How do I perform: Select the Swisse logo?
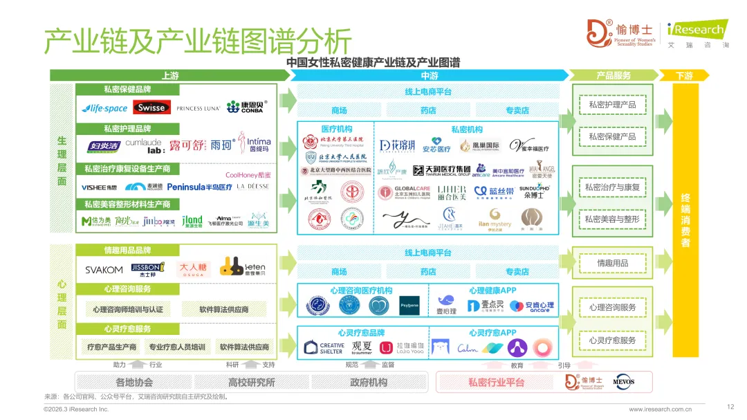(151, 108)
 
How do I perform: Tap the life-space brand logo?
(104, 109)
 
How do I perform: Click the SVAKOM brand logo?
(104, 269)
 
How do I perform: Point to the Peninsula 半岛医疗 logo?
(199, 187)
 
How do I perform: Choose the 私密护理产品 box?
(612, 104)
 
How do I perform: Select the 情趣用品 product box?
(612, 263)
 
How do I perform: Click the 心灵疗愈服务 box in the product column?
(612, 340)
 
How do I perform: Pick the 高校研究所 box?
(251, 382)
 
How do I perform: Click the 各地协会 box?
(134, 382)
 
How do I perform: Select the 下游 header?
(683, 75)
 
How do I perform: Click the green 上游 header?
(170, 75)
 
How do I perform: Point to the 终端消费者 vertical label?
(685, 220)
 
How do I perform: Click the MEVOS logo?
(623, 382)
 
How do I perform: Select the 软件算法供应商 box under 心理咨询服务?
(223, 309)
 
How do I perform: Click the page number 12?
(730, 406)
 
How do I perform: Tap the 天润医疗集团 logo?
(441, 170)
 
